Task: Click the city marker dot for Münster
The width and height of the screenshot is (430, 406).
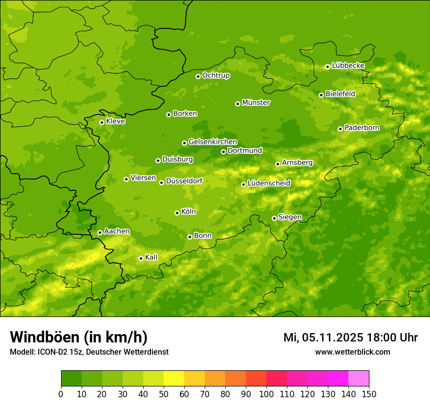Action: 238,104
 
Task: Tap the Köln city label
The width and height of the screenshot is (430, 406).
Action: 189,212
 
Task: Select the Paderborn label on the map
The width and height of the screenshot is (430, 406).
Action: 362,128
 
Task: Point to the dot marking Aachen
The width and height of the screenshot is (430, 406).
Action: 100,232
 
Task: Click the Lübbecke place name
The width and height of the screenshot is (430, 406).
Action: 348,66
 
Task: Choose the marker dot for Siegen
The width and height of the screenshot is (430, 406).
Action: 274,218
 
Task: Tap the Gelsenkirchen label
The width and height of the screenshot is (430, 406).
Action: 213,142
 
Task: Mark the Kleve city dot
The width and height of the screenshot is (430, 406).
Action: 102,122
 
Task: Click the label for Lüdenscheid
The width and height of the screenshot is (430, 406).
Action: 269,183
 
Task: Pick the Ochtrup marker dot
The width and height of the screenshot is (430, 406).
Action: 198,76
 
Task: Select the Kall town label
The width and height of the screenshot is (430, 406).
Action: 151,257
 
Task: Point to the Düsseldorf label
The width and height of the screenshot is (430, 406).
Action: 184,181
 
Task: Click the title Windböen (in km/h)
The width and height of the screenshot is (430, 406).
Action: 79,337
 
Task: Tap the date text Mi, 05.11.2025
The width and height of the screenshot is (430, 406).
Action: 322,338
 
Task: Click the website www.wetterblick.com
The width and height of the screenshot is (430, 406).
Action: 352,352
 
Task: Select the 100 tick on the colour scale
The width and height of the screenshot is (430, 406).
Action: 266,394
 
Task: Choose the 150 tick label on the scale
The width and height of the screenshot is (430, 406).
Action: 369,394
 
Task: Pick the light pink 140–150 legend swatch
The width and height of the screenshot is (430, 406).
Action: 359,379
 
